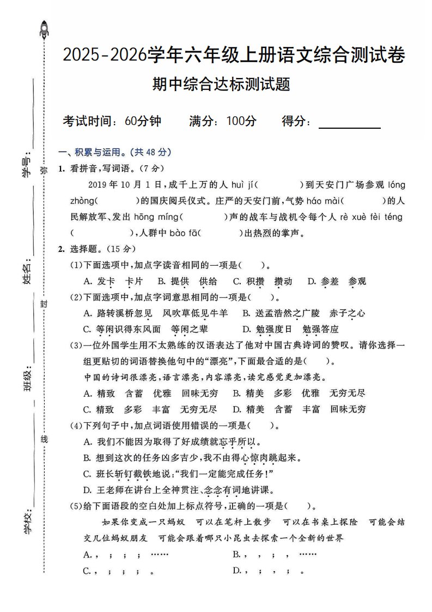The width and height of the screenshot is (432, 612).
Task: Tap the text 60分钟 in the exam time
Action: click(x=142, y=121)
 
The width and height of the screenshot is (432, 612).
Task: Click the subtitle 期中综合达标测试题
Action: click(x=221, y=85)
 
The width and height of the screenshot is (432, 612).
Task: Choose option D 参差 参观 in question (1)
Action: click(x=337, y=281)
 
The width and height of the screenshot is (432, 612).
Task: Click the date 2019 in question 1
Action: click(x=98, y=185)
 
